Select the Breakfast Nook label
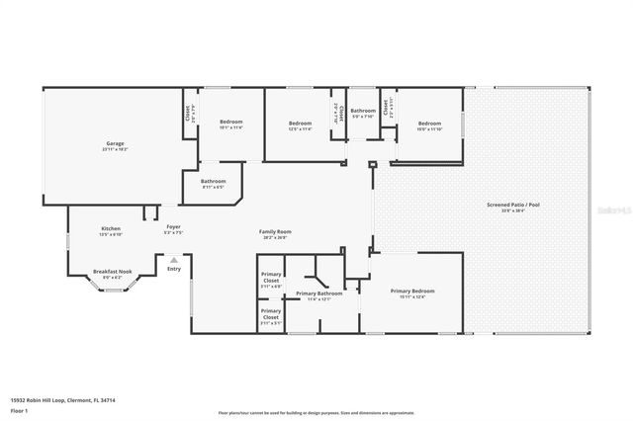pyautogui.click(x=113, y=274)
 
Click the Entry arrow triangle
pyautogui.click(x=174, y=261)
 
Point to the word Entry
pyautogui.click(x=174, y=269)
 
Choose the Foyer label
pyautogui.click(x=173, y=228)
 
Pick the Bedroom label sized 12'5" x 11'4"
pyautogui.click(x=300, y=125)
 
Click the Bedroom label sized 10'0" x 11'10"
pyautogui.click(x=429, y=126)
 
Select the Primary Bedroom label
pyautogui.click(x=411, y=294)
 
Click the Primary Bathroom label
pyautogui.click(x=318, y=295)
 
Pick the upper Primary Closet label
pyautogui.click(x=271, y=279)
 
